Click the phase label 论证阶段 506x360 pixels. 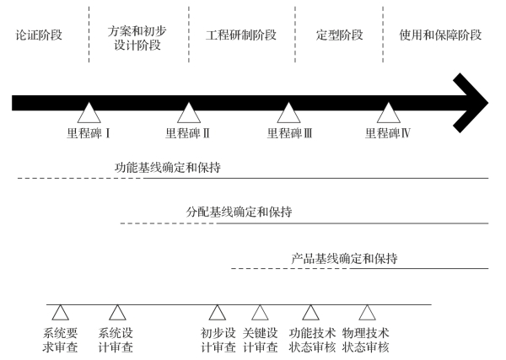pyautogui.click(x=40, y=36)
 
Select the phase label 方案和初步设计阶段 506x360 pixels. pyautogui.click(x=138, y=36)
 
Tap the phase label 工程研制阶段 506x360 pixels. pyautogui.click(x=242, y=36)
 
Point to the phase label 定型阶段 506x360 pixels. pyautogui.click(x=339, y=36)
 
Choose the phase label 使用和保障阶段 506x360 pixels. pyautogui.click(x=440, y=36)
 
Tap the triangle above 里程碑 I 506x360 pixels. pyautogui.click(x=89, y=114)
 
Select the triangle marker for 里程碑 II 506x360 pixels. pyautogui.click(x=187, y=114)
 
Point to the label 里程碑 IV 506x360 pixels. pyautogui.click(x=389, y=133)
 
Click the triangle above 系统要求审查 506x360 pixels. pyautogui.click(x=61, y=312)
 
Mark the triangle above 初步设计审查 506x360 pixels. pyautogui.click(x=218, y=312)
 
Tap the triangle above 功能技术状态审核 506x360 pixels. pyautogui.click(x=311, y=312)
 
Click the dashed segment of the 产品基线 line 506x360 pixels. pyautogui.click(x=287, y=269)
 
